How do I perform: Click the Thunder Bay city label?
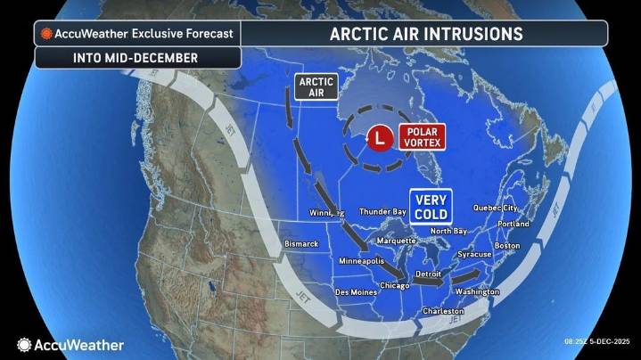point(382,212)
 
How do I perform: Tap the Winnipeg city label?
point(326,213)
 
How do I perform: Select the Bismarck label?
point(300,242)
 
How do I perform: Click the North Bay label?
point(448,231)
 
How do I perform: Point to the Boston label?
point(506,245)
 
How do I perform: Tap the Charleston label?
point(442,311)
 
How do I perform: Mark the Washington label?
point(477,291)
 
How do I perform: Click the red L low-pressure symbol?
point(381,138)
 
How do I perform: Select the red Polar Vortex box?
point(421,137)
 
